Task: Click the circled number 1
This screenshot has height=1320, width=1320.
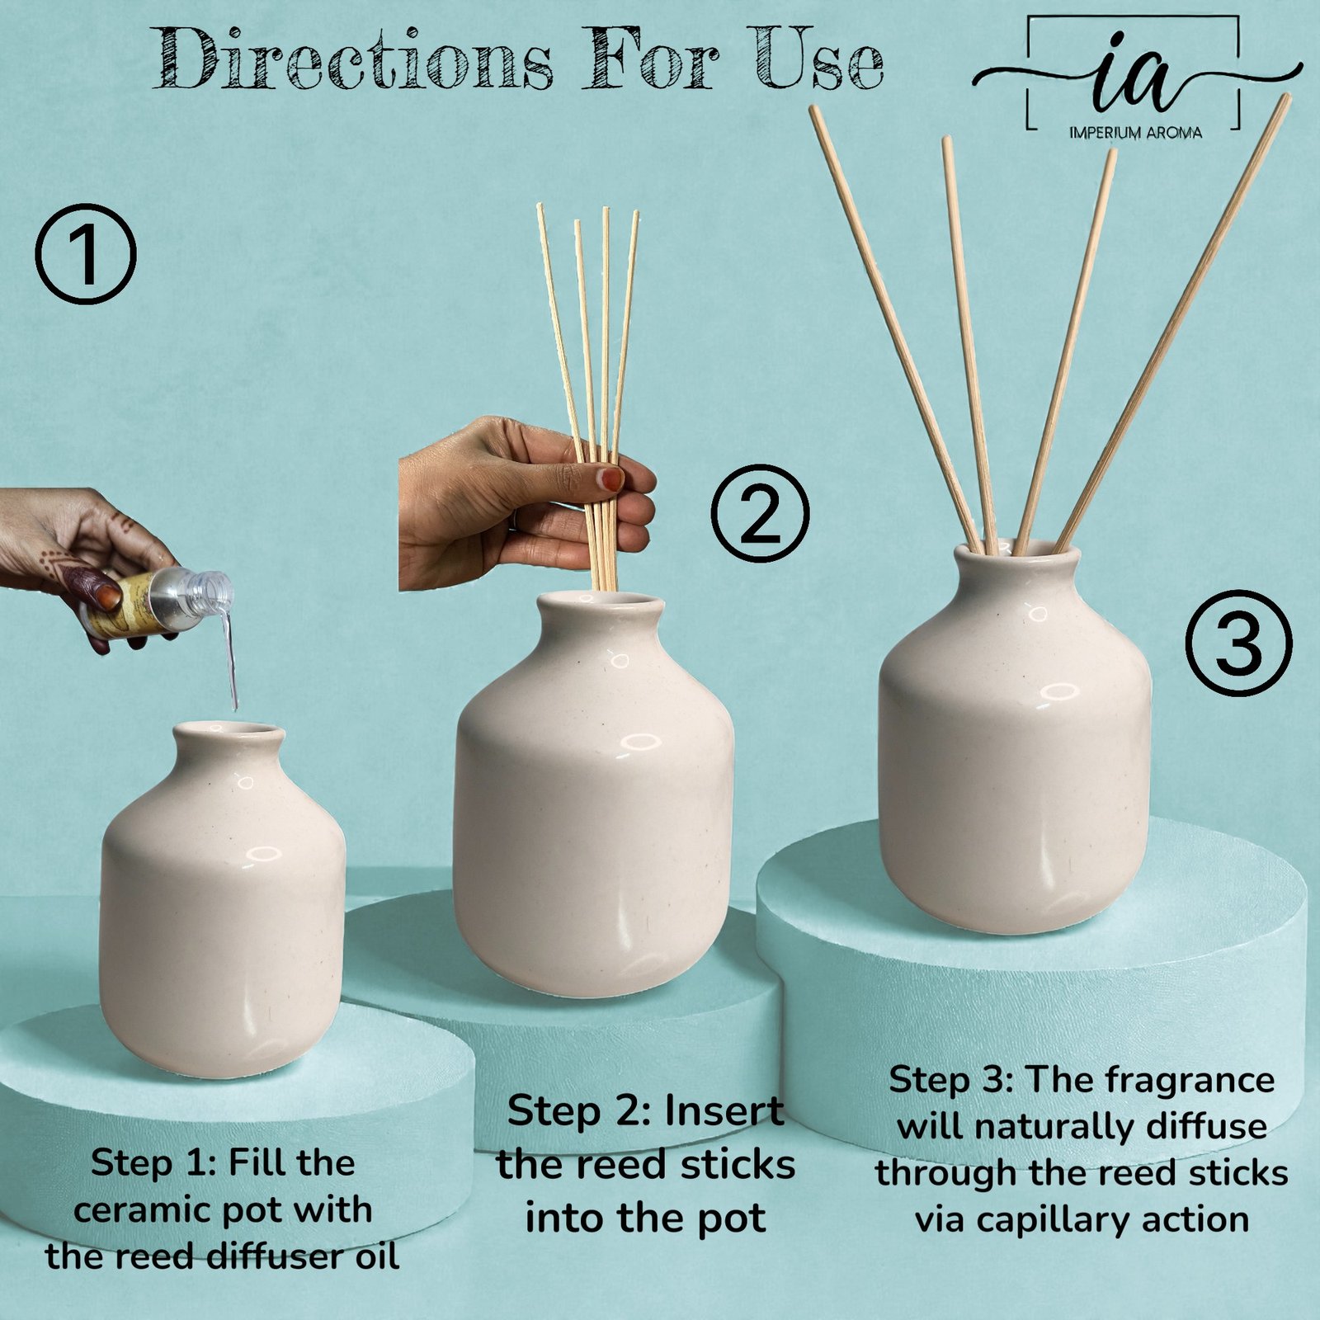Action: coord(85,254)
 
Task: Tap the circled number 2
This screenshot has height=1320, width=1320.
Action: coord(760,514)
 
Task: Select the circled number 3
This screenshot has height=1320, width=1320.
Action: coord(1238,643)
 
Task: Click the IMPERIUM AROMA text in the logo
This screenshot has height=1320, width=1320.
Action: coord(1135,132)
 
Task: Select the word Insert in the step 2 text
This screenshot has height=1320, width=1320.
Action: coord(724,1111)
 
